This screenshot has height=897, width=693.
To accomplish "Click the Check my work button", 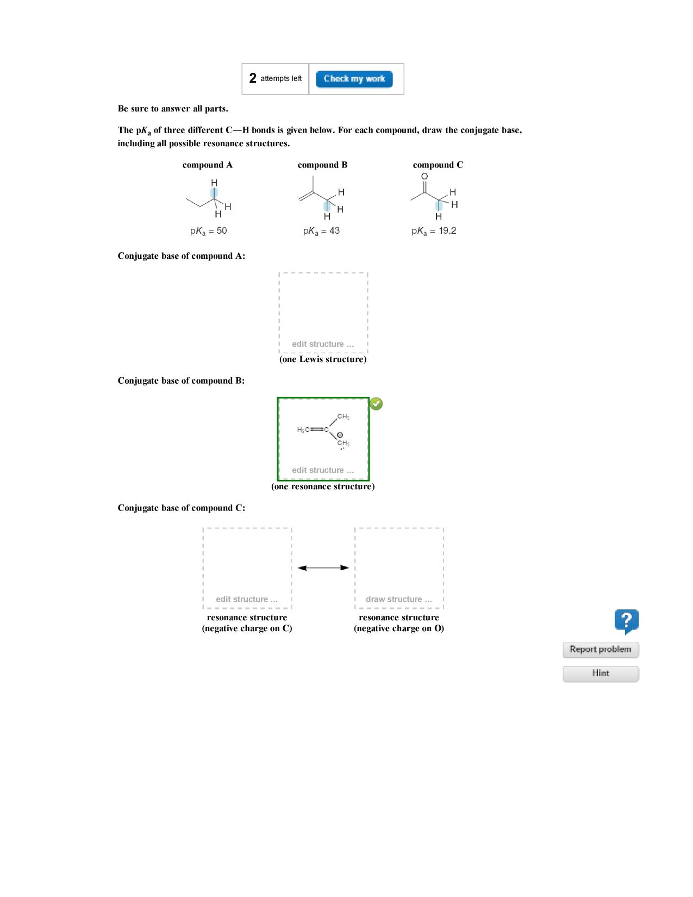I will pos(354,79).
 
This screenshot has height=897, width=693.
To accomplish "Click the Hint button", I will pos(600,673).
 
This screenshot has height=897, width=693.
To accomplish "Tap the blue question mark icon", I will pos(626,621).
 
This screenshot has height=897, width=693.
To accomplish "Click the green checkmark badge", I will pos(376,403).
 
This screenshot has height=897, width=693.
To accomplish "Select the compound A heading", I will pos(207,165).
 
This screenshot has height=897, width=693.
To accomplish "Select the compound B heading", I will pos(322,165).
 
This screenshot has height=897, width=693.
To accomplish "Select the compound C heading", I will pos(438,165).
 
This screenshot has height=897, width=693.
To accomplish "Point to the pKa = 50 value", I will pos(208,231).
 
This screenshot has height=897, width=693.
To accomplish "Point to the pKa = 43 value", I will pos(321,231).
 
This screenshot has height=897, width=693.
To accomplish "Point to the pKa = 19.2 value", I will pos(434,231).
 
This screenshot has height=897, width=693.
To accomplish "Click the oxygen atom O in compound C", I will pos(424,176).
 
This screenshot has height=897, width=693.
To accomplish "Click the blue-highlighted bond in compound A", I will pos(214,193).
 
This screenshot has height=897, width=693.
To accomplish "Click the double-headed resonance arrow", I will pos(323,568).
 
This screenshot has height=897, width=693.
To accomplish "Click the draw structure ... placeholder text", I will pos(398,599).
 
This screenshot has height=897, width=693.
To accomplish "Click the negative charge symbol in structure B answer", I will pos(340,435).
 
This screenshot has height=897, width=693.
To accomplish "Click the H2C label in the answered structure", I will pos(303,429).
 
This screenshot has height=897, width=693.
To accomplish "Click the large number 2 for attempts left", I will pos(253,78).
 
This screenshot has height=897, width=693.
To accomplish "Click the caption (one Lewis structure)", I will pos(323,359).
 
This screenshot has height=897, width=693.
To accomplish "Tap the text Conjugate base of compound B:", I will pos(181,381).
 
